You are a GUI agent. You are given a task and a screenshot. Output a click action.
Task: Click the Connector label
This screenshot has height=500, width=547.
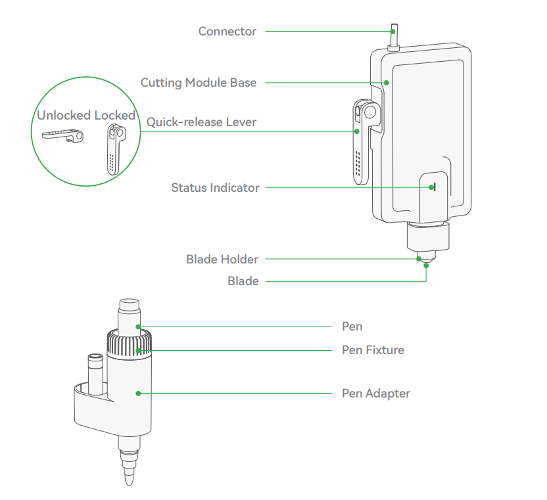pyautogui.click(x=227, y=32)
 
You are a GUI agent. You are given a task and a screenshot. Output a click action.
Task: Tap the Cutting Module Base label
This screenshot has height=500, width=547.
pyautogui.click(x=199, y=83)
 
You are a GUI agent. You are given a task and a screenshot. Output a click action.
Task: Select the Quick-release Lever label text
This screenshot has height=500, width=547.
pyautogui.click(x=201, y=122)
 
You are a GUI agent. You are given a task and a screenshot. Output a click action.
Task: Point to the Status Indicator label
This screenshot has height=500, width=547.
pyautogui.click(x=215, y=188)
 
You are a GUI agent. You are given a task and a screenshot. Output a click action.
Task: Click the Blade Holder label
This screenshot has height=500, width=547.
pyautogui.click(x=222, y=260)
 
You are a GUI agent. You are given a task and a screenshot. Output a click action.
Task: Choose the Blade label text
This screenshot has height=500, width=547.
pyautogui.click(x=243, y=281)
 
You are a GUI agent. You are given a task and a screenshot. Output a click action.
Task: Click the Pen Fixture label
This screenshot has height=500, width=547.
pyautogui.click(x=373, y=350)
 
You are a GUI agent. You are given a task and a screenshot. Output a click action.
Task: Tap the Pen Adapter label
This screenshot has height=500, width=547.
pyautogui.click(x=375, y=394)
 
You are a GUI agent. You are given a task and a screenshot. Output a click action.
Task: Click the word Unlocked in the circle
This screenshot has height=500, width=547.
pyautogui.click(x=64, y=116)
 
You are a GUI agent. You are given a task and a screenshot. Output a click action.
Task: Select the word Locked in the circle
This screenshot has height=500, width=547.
pyautogui.click(x=114, y=116)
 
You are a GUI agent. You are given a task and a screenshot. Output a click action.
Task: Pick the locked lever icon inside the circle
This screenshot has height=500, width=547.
pyautogui.click(x=114, y=148)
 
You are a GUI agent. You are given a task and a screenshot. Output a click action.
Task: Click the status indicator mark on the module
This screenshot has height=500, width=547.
pyautogui.click(x=433, y=187)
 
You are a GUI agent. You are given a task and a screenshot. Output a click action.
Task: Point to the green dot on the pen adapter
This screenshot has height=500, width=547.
pyautogui.click(x=138, y=394)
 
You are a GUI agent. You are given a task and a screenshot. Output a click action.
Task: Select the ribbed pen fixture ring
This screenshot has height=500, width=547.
pyautogui.click(x=129, y=342)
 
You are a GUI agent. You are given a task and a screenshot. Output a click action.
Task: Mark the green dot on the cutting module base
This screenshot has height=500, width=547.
pyautogui.click(x=387, y=83)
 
